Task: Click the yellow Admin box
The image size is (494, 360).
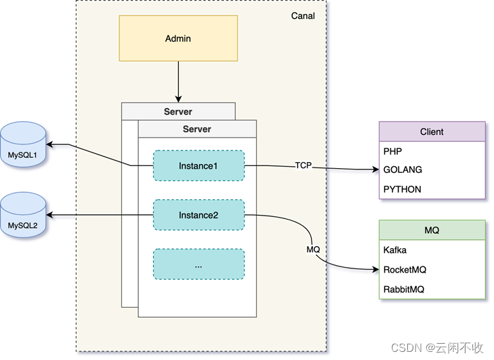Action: tap(178, 39)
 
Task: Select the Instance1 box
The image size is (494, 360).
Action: tap(199, 166)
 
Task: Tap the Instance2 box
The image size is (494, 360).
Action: tap(199, 215)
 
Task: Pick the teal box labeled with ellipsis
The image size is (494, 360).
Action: tap(199, 265)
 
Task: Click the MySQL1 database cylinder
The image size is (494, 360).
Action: tap(23, 144)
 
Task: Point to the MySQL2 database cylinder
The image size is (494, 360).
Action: tap(23, 215)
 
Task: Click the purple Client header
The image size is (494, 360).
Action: tap(432, 132)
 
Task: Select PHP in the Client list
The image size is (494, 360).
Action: tap(393, 151)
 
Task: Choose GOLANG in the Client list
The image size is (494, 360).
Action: tap(403, 170)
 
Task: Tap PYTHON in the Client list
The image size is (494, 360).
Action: tap(402, 189)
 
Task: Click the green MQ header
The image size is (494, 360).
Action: tap(432, 231)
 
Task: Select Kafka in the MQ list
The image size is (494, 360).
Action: tap(395, 250)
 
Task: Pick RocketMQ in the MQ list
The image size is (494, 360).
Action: tap(404, 270)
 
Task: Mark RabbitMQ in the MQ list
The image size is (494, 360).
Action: tap(404, 289)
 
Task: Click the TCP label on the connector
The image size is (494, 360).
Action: tap(303, 165)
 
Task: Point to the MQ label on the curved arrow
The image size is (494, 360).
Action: tap(312, 249)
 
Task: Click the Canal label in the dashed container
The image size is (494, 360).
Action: tap(303, 16)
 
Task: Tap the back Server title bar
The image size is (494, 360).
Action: tap(178, 111)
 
